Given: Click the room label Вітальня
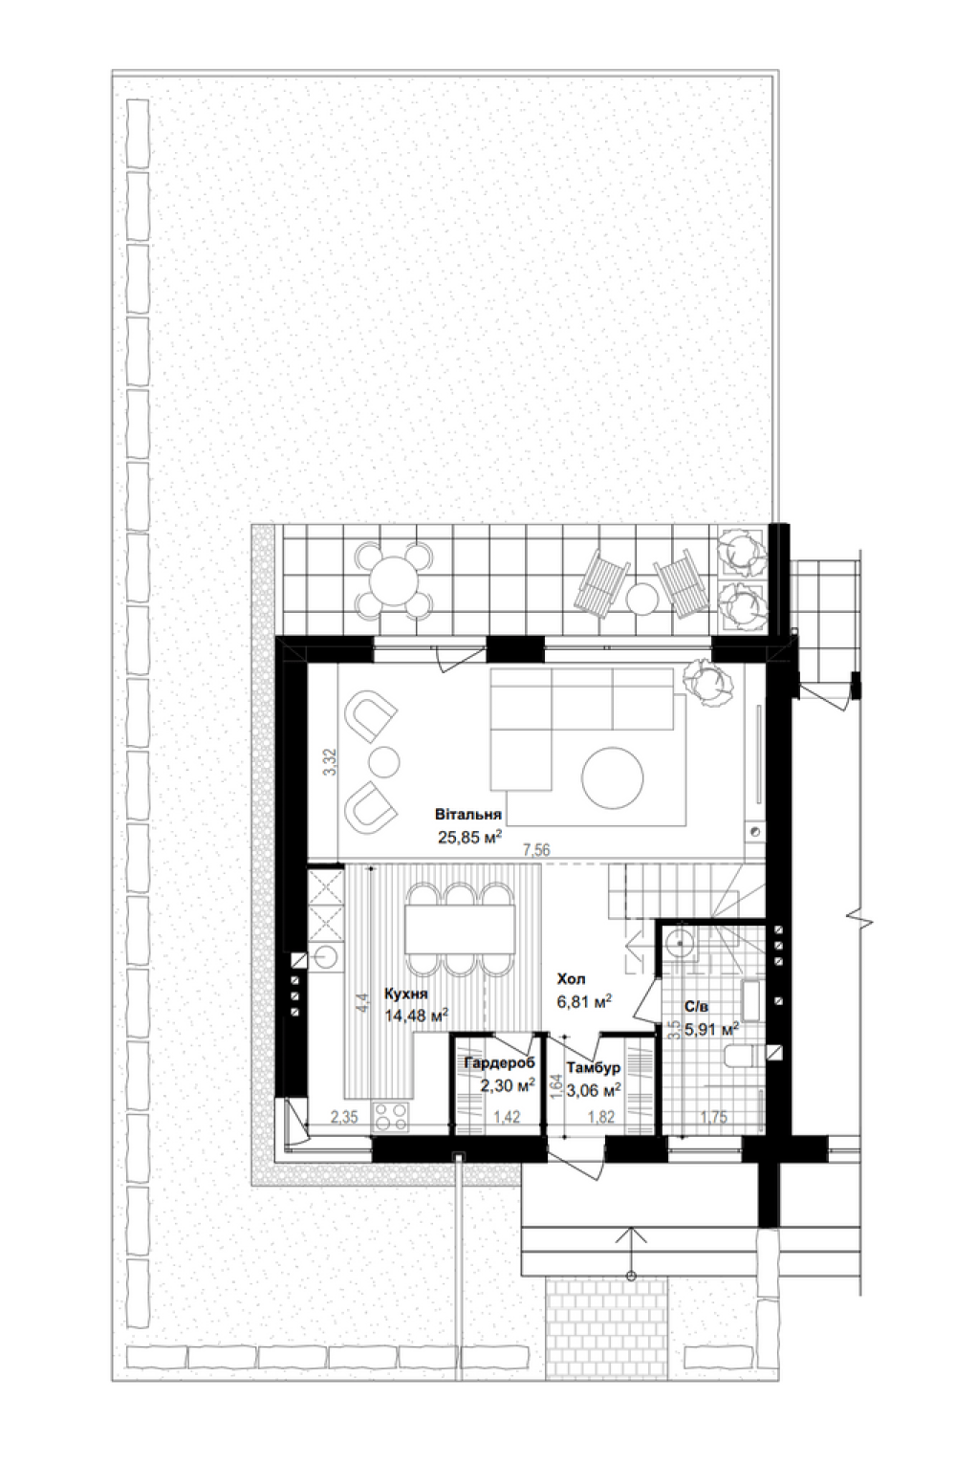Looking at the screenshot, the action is [x=467, y=815].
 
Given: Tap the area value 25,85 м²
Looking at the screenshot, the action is [x=469, y=838].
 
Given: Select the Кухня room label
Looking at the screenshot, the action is [x=405, y=994].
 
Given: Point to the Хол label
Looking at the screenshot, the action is [x=571, y=979].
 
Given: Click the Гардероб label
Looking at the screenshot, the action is [x=499, y=1062].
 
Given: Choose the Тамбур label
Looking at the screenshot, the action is [x=593, y=1068].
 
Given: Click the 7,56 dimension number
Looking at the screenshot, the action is [x=536, y=850].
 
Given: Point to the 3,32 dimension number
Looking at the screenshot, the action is [x=331, y=762].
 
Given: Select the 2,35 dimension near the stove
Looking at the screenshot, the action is [x=343, y=1117].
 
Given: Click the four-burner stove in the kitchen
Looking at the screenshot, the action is [x=390, y=1116].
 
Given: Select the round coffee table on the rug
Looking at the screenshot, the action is [x=613, y=777].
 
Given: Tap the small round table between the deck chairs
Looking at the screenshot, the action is [x=642, y=599].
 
